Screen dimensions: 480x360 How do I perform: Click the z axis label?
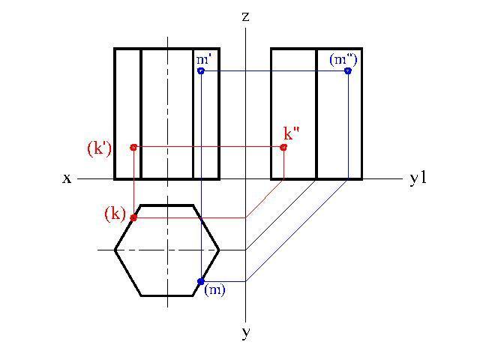(x=245, y=16)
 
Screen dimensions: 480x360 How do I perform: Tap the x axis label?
(x=67, y=178)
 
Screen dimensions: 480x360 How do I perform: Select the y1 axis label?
(x=418, y=178)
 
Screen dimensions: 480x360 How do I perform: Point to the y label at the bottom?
(x=245, y=332)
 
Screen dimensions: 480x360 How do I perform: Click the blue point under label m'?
(x=201, y=71)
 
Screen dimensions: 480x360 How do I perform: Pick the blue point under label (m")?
(x=348, y=71)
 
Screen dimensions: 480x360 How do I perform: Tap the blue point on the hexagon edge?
(x=201, y=281)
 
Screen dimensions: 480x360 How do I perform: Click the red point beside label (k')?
(x=133, y=148)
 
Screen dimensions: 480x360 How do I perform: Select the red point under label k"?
(x=283, y=148)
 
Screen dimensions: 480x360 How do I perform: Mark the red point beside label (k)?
(x=133, y=217)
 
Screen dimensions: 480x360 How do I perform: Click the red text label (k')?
(x=100, y=150)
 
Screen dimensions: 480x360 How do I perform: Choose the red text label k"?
(x=292, y=133)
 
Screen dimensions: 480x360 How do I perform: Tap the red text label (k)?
(x=115, y=214)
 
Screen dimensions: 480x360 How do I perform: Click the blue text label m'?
(x=203, y=59)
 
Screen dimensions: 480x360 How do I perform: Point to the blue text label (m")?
(x=343, y=59)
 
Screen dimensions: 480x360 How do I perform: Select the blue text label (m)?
(x=214, y=289)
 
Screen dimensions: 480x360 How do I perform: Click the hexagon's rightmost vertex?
(x=219, y=250)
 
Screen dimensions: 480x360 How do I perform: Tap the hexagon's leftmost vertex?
(x=115, y=250)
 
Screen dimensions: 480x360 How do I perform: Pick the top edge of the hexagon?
(x=167, y=205)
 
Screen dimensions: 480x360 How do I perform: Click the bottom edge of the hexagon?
(x=167, y=295)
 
